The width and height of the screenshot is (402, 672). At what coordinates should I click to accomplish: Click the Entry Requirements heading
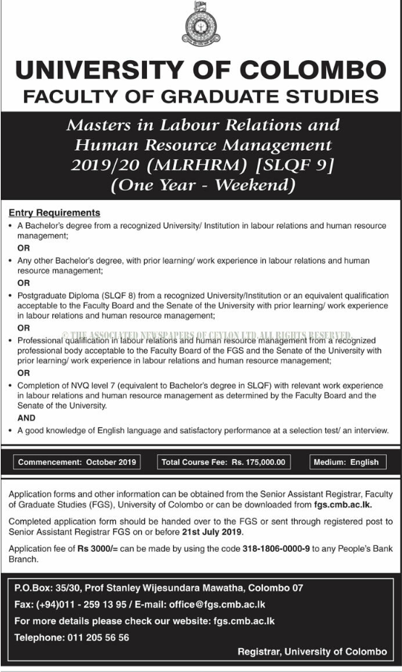coord(54,213)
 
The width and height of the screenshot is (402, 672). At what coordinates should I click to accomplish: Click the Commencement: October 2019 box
coord(77,462)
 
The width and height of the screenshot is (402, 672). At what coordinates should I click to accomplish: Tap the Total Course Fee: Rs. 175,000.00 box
coord(225,462)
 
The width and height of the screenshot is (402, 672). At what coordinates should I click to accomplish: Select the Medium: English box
coord(347,462)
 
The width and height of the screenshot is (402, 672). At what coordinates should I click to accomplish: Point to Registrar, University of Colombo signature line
coord(312,652)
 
